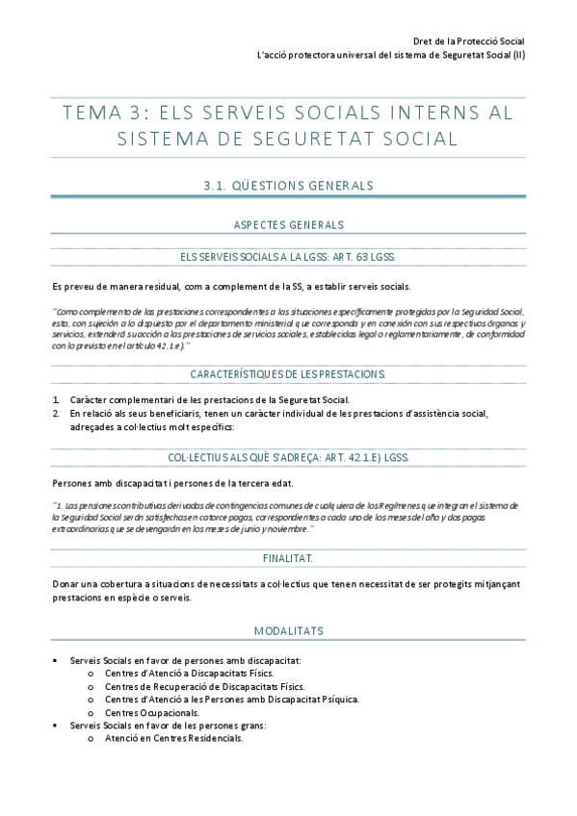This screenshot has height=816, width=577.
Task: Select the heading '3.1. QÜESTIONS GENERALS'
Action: (289, 184)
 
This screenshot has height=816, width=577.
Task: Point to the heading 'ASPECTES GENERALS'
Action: (289, 225)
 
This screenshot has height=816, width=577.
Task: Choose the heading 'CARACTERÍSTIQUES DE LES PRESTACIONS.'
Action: (289, 373)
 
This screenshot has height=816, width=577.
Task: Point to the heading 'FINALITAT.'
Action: (288, 558)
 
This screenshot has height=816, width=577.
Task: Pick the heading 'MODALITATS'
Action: (289, 631)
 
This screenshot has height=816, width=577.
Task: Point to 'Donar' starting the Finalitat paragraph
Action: (66, 584)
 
